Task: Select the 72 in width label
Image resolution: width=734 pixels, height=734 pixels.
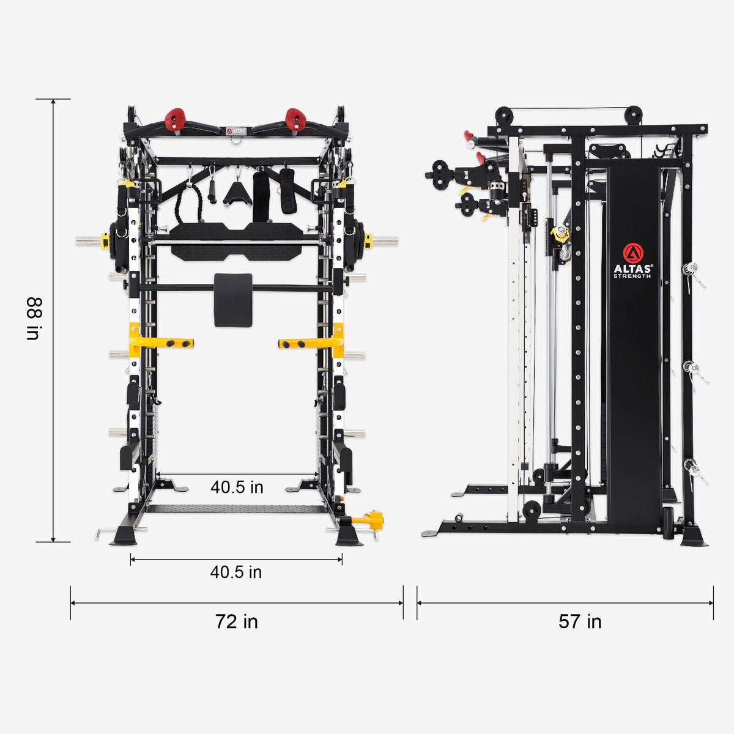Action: tap(236, 621)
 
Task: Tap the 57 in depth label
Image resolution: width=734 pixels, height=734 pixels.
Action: tap(579, 621)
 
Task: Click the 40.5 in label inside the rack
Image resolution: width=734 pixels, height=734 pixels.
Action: tap(237, 487)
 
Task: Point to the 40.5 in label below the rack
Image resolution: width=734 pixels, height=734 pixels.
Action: tap(236, 572)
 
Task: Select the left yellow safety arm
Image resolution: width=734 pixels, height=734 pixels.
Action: tap(161, 343)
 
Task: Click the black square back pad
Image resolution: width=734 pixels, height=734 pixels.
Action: tap(233, 300)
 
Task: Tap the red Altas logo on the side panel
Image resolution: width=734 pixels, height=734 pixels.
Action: tap(632, 253)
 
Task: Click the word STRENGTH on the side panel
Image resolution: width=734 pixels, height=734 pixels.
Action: tap(632, 276)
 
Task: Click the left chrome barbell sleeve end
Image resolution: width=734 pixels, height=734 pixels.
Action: tap(91, 241)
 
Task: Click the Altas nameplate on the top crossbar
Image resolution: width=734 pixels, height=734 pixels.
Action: tap(235, 130)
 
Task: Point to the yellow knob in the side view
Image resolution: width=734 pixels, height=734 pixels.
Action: tap(559, 233)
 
